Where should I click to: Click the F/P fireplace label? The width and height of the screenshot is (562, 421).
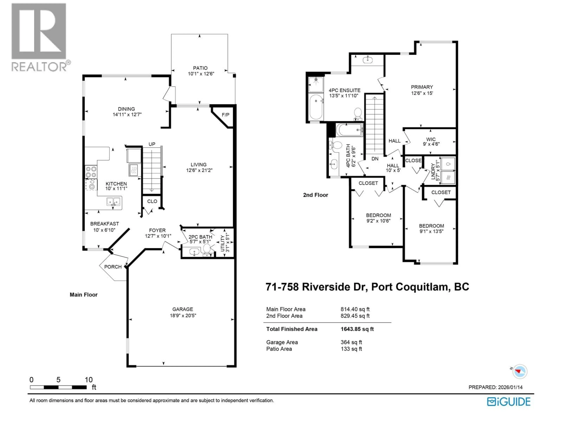(225, 115)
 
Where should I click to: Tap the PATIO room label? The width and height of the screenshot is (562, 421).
(200, 68)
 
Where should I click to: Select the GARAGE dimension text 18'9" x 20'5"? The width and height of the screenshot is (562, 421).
(183, 315)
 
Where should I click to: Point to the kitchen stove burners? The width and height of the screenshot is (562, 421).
(91, 172)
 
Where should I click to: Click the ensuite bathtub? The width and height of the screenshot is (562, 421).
(316, 107)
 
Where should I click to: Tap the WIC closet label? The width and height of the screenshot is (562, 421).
(431, 139)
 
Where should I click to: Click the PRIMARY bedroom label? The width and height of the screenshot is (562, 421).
(422, 87)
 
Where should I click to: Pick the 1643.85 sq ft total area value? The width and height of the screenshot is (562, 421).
(357, 329)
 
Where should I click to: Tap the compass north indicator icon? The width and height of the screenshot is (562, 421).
(519, 371)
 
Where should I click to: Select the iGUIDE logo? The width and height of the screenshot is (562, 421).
(509, 402)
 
